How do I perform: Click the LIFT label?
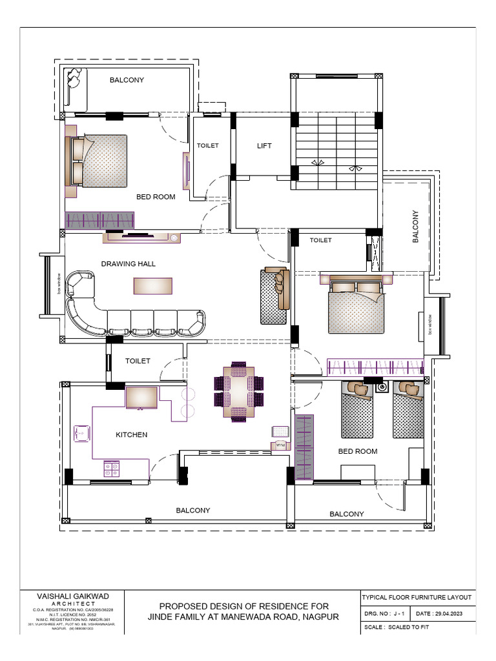click(x=264, y=146)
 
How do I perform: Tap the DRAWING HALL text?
click(x=129, y=263)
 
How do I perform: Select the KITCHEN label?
click(x=131, y=434)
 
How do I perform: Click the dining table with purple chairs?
click(x=239, y=392)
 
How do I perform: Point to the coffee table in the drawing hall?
click(x=153, y=285)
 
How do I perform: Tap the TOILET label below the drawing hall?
click(x=138, y=361)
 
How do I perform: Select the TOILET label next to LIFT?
click(x=208, y=145)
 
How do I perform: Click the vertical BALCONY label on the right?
click(x=416, y=227)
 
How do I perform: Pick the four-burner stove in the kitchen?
click(x=112, y=468)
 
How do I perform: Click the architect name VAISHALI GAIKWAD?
click(x=74, y=597)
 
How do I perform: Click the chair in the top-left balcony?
click(x=74, y=82)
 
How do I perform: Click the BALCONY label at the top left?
click(x=127, y=80)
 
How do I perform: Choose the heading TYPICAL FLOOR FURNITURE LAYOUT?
click(x=417, y=598)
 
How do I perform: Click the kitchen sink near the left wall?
click(x=82, y=434)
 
